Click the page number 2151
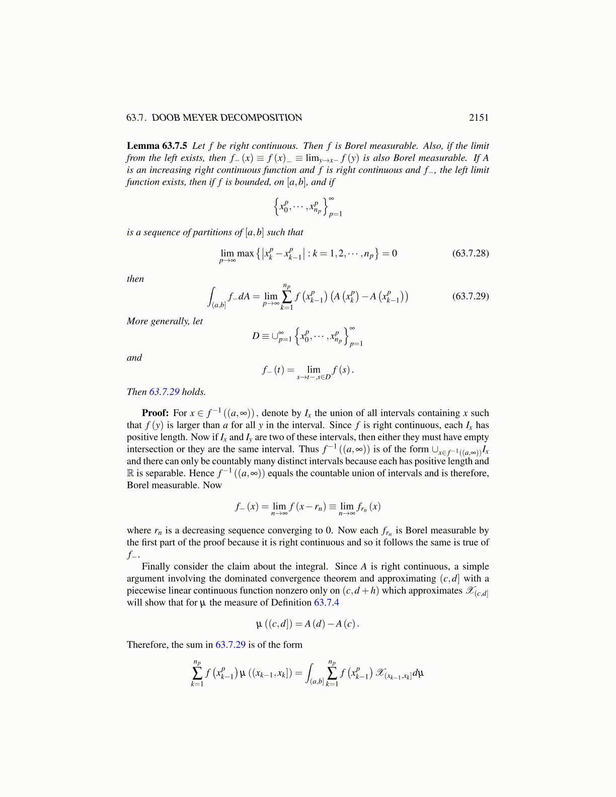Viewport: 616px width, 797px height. coord(479,118)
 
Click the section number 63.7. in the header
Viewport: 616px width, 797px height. coord(136,118)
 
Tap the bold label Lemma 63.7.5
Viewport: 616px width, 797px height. coord(157,146)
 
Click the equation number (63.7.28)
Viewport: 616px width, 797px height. coord(470,253)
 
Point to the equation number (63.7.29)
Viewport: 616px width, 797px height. coord(470,296)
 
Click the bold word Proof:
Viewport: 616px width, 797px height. coord(155,413)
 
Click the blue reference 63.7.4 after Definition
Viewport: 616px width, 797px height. coord(327,603)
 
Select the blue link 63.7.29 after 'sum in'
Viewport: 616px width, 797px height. coord(230,645)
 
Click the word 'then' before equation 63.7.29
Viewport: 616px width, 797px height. coord(135,279)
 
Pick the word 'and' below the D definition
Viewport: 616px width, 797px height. coord(134,358)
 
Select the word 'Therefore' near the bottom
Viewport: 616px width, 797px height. coord(146,645)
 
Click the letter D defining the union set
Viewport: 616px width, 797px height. coord(256,336)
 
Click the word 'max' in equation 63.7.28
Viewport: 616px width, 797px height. coord(246,254)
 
